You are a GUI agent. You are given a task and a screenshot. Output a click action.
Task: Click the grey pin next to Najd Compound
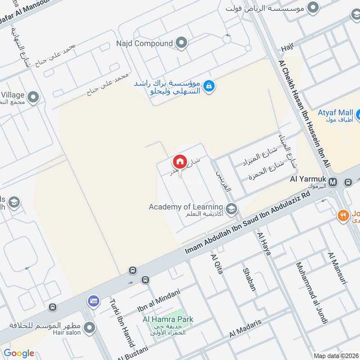pos(181,43)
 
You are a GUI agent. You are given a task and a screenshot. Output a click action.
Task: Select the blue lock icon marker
pos(208,85)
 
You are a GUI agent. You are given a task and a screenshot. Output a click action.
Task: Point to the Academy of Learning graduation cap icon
pos(231,208)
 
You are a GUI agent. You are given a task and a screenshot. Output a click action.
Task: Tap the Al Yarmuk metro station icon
pos(333,182)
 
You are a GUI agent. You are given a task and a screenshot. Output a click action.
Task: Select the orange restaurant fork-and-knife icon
pos(344,216)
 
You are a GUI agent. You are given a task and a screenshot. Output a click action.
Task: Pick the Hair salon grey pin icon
pos(90,327)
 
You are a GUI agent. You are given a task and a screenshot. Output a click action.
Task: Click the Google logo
pos(19,353)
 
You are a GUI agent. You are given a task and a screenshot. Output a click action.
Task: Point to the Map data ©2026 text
pos(335,355)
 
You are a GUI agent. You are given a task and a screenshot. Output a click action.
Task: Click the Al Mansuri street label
pos(338,269)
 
